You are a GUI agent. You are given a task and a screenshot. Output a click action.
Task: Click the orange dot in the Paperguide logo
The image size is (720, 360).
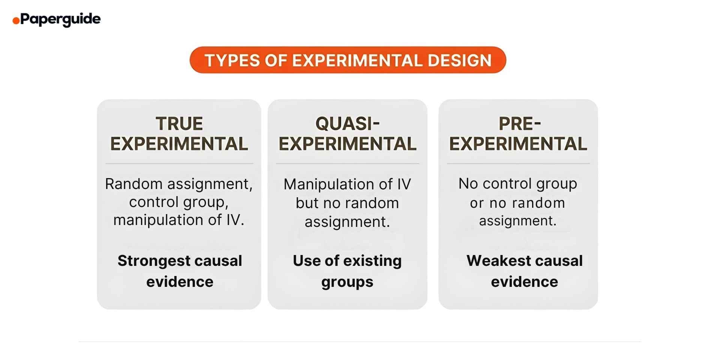(16, 21)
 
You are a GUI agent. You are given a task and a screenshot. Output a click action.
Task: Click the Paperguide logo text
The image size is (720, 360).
(60, 19)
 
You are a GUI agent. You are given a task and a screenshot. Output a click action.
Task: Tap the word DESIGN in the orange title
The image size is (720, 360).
(459, 60)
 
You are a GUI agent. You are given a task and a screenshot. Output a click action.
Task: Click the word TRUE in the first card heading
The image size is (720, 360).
(179, 124)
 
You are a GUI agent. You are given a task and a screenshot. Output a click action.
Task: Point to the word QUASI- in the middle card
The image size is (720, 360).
(348, 124)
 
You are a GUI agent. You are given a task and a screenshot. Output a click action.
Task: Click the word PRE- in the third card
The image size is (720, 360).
(519, 124)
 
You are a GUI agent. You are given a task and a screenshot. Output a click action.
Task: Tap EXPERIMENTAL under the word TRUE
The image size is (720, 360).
(179, 144)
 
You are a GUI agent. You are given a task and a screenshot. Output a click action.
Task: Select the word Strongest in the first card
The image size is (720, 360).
(154, 261)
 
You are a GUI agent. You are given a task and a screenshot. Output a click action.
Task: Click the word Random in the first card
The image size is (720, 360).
(133, 184)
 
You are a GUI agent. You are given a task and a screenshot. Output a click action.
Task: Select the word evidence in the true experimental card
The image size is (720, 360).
(180, 282)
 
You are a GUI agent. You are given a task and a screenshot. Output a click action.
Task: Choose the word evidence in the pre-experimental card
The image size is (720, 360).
(524, 282)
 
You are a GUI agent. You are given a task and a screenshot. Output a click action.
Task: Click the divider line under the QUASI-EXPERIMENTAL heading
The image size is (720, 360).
(348, 163)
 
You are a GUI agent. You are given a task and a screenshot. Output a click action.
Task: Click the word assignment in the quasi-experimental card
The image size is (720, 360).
(346, 222)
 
